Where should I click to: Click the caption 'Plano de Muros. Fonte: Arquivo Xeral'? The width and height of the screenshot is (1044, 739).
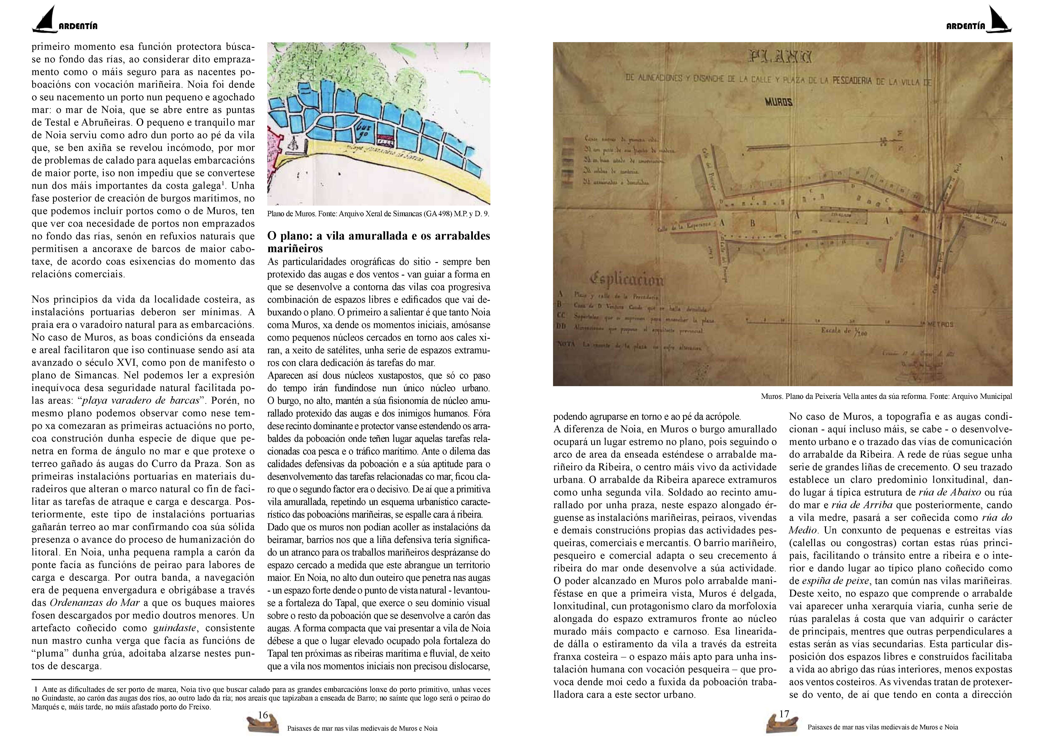(x=378, y=214)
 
